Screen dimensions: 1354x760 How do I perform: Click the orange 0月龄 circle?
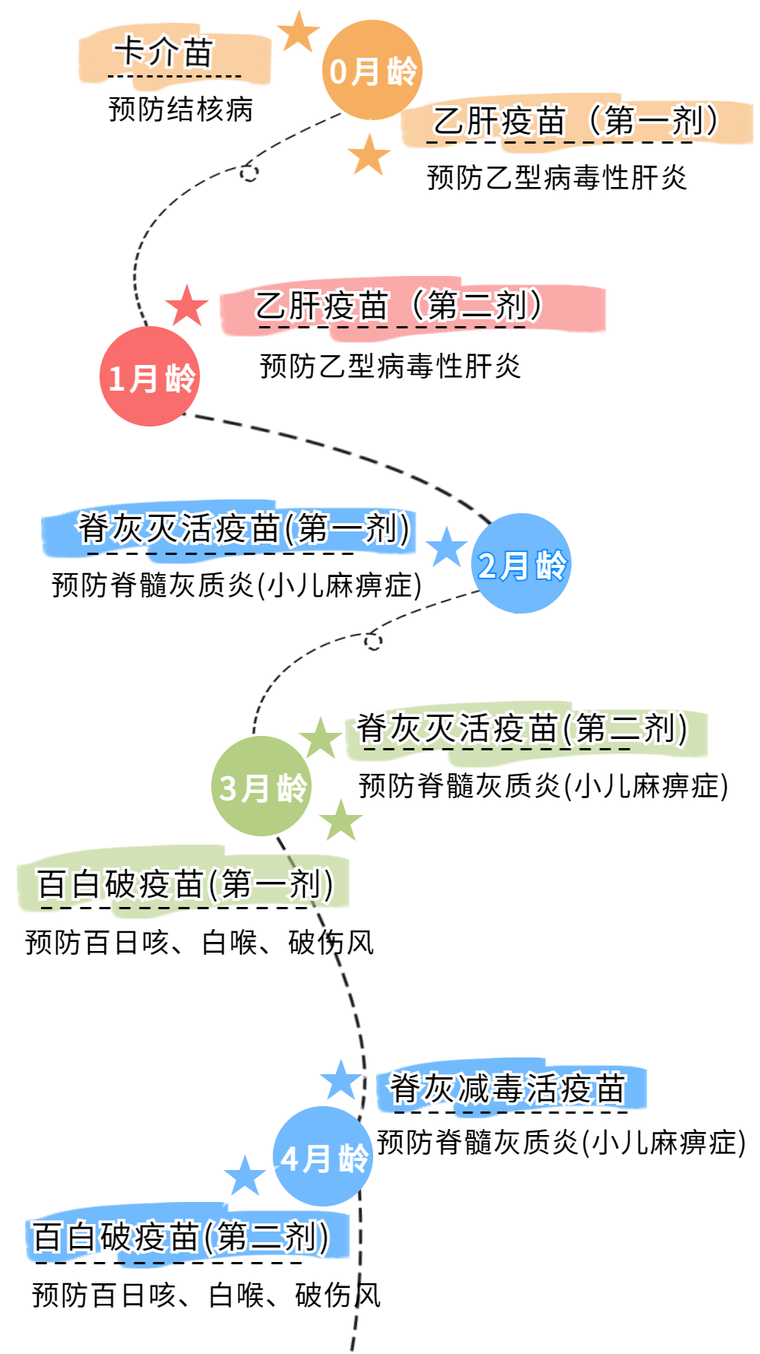coord(372,71)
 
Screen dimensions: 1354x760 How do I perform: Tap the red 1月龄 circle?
coord(150,376)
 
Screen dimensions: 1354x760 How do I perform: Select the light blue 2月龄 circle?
coord(521,563)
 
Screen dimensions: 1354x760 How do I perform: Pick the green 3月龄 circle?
coord(261,787)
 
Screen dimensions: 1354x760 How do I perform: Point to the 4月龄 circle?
coord(323,1156)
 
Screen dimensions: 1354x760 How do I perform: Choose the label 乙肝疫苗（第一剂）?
coord(576,122)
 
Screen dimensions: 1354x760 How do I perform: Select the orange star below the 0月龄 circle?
coord(369,157)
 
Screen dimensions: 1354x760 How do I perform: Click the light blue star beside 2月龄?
coord(446,547)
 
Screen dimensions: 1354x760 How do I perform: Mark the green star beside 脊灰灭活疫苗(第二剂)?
coord(320,736)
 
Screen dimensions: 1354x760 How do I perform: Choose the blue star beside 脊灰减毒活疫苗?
coord(340,1079)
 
